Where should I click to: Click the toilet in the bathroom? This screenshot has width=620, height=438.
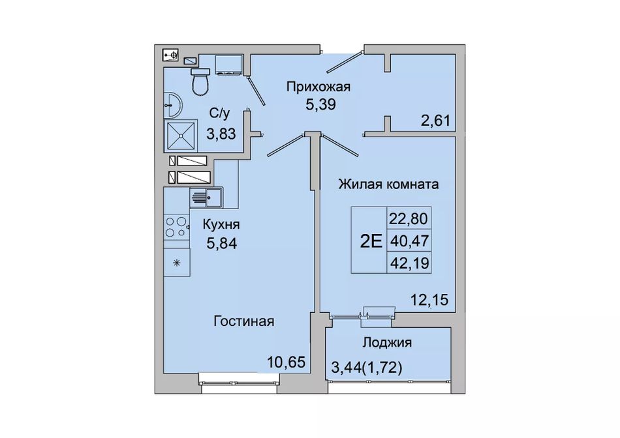tap(200, 81)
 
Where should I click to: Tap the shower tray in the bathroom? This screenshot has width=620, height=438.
tap(181, 135)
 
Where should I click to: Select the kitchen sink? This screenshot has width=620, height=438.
tap(206, 197)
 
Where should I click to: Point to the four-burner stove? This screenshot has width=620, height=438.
tap(177, 227)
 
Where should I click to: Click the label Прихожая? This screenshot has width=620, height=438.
tap(318, 87)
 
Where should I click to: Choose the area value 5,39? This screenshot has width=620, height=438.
tap(320, 104)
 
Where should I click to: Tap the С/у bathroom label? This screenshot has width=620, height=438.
tap(219, 113)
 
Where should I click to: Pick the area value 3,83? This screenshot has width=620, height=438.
tap(221, 134)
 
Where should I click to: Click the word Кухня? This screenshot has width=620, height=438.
tap(221, 225)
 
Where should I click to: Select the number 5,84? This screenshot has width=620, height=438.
tap(221, 243)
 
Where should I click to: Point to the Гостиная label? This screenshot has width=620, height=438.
tap(244, 321)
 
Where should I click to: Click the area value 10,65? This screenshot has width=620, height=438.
tap(287, 361)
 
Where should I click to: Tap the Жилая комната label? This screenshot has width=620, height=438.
tap(388, 184)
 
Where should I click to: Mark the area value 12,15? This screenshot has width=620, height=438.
tap(429, 300)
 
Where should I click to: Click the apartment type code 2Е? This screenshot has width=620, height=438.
tap(371, 241)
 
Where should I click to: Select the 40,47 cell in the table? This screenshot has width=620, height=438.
tap(409, 241)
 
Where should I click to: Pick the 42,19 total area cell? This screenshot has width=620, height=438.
tap(409, 262)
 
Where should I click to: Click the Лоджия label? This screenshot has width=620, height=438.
tap(388, 342)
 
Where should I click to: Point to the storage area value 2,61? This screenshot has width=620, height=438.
tap(436, 120)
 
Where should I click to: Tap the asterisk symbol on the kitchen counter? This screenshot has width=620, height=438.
tap(177, 262)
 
